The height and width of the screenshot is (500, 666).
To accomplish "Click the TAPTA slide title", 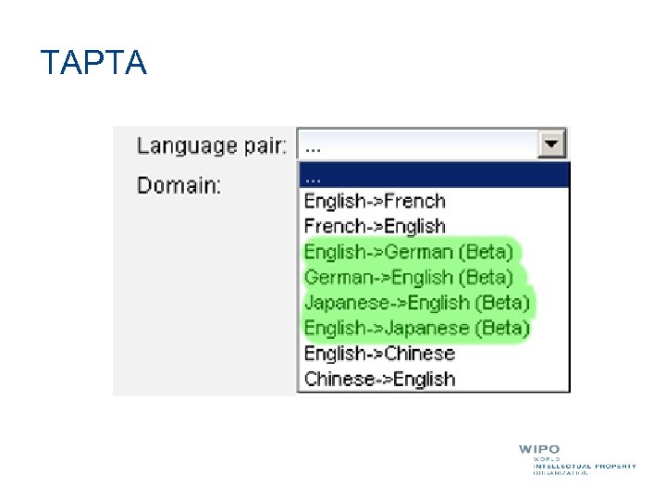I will click(x=93, y=63).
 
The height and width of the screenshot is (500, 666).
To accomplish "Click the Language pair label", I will click(x=212, y=145).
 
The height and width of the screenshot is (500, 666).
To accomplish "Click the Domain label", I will click(x=179, y=185).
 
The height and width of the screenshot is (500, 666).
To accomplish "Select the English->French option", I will click(x=375, y=201).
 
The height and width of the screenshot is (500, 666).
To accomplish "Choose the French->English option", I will click(x=375, y=226).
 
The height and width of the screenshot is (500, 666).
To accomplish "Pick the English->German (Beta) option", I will click(x=408, y=252).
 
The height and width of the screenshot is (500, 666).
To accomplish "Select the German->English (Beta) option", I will click(x=408, y=277).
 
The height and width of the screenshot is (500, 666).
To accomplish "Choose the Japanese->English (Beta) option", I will click(x=416, y=303).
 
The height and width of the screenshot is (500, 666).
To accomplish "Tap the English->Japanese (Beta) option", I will click(x=416, y=328).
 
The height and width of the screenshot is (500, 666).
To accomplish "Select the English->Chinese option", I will click(x=379, y=353).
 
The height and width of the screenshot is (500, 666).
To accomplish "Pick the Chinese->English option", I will click(x=379, y=379).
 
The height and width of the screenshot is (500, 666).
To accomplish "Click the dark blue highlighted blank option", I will click(x=433, y=175).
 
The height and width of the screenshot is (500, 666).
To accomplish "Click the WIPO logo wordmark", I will click(x=538, y=450).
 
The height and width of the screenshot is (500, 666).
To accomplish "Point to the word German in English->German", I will click(x=419, y=252).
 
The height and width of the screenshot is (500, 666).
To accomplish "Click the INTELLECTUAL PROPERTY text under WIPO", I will click(x=585, y=466).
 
